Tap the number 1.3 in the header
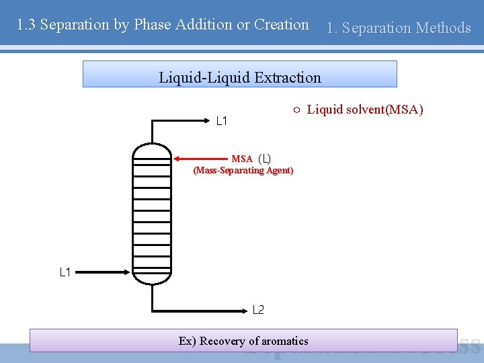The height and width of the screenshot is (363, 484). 26,25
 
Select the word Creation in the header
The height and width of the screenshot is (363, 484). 281,25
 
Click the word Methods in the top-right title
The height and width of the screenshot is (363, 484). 443,28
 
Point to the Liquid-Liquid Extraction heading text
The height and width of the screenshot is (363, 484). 240,77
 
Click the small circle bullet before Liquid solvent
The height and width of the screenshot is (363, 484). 296,110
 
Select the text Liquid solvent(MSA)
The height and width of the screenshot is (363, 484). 365,110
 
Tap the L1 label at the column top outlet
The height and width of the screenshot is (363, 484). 221,122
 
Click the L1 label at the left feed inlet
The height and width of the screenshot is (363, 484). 65,272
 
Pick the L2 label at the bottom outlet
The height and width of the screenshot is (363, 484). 258,310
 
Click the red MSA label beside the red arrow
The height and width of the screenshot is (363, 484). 242,159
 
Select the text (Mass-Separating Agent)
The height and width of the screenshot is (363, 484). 243,171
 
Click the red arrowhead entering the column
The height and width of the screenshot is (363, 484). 177,159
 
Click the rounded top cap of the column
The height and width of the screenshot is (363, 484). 152,150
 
